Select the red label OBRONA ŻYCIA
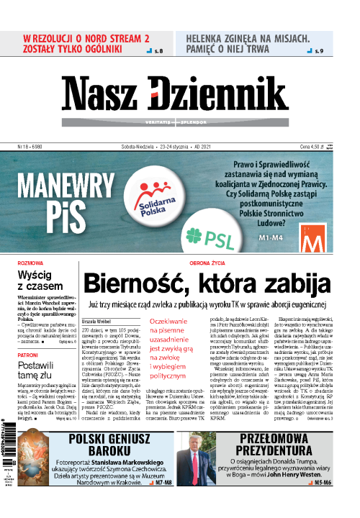tap(210, 263)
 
